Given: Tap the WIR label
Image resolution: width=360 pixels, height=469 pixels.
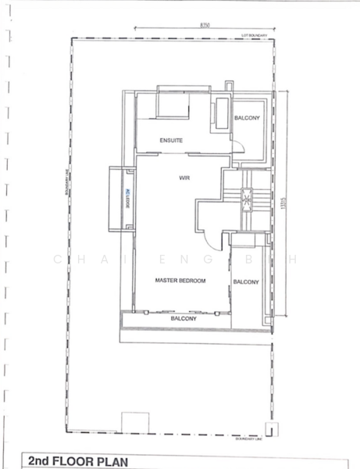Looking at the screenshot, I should tap(185, 178).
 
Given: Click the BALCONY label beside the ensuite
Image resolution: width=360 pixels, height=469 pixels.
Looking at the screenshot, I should tap(247, 118).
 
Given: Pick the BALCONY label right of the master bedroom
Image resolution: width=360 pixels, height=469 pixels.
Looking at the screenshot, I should tap(246, 281).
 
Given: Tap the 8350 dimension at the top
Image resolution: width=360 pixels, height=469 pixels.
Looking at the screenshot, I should tap(205, 26).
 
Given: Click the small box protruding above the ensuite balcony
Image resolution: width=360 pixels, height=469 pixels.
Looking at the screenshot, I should tap(228, 85).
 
